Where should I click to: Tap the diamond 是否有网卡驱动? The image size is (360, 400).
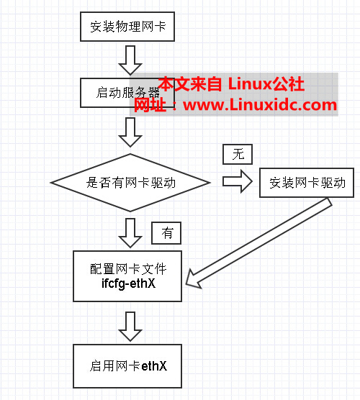pyautogui.click(x=130, y=183)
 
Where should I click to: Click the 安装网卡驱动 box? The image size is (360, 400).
pyautogui.click(x=307, y=183)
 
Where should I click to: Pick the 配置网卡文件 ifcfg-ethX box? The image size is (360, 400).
pyautogui.click(x=130, y=276)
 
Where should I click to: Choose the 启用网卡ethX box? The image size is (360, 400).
pyautogui.click(x=130, y=365)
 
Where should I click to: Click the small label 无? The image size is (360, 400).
pyautogui.click(x=238, y=153)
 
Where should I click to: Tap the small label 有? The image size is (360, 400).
pyautogui.click(x=166, y=232)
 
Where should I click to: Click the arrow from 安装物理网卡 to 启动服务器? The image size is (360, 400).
pyautogui.click(x=130, y=60)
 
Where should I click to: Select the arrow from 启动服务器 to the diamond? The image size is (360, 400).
pyautogui.click(x=130, y=131)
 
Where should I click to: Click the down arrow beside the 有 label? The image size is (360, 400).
pyautogui.click(x=130, y=232)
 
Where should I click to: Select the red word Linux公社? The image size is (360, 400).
pyautogui.click(x=266, y=84)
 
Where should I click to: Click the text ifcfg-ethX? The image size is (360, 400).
pyautogui.click(x=130, y=283)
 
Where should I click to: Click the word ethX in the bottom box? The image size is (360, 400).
pyautogui.click(x=153, y=365)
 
